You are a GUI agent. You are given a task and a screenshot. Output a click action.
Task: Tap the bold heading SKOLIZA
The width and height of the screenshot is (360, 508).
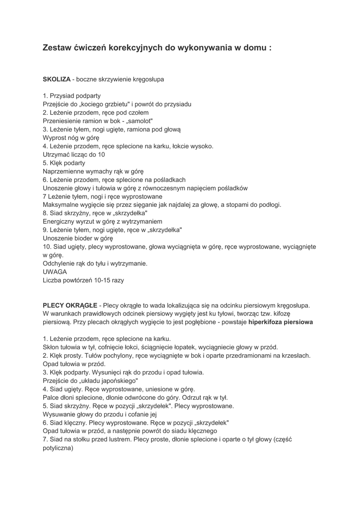(x=57, y=79)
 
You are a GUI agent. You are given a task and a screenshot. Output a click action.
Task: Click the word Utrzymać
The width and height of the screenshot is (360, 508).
(x=57, y=154)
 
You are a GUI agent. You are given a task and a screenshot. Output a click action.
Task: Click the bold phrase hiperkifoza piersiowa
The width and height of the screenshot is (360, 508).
(x=281, y=322)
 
